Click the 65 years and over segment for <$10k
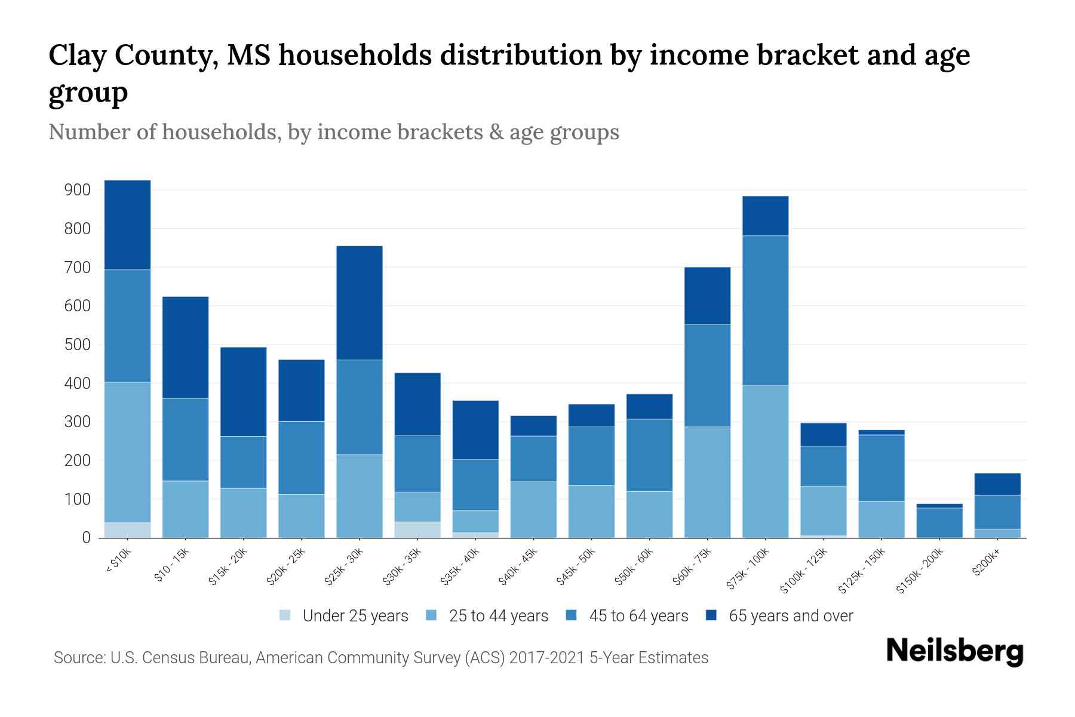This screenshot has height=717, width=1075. pyautogui.click(x=127, y=225)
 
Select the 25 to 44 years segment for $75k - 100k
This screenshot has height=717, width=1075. pyautogui.click(x=765, y=461)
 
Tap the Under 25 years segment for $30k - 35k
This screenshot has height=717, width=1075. pyautogui.click(x=417, y=529)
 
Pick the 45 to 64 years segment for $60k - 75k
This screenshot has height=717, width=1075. pyautogui.click(x=707, y=375)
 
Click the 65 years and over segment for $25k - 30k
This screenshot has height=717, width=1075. pyautogui.click(x=360, y=302)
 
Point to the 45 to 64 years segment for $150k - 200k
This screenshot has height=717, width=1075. pyautogui.click(x=939, y=522)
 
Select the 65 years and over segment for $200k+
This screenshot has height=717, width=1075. pyautogui.click(x=997, y=484)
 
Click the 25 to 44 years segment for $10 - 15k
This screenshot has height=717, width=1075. pyautogui.click(x=185, y=509)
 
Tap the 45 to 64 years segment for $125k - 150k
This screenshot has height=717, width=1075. pyautogui.click(x=881, y=468)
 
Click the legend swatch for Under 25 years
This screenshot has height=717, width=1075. pyautogui.click(x=285, y=615)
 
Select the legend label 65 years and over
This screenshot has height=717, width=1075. pyautogui.click(x=790, y=615)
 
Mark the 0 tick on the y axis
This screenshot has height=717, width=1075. pyautogui.click(x=87, y=538)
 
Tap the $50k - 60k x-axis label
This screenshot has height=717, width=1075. pyautogui.click(x=635, y=566)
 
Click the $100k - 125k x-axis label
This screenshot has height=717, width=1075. pyautogui.click(x=804, y=571)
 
